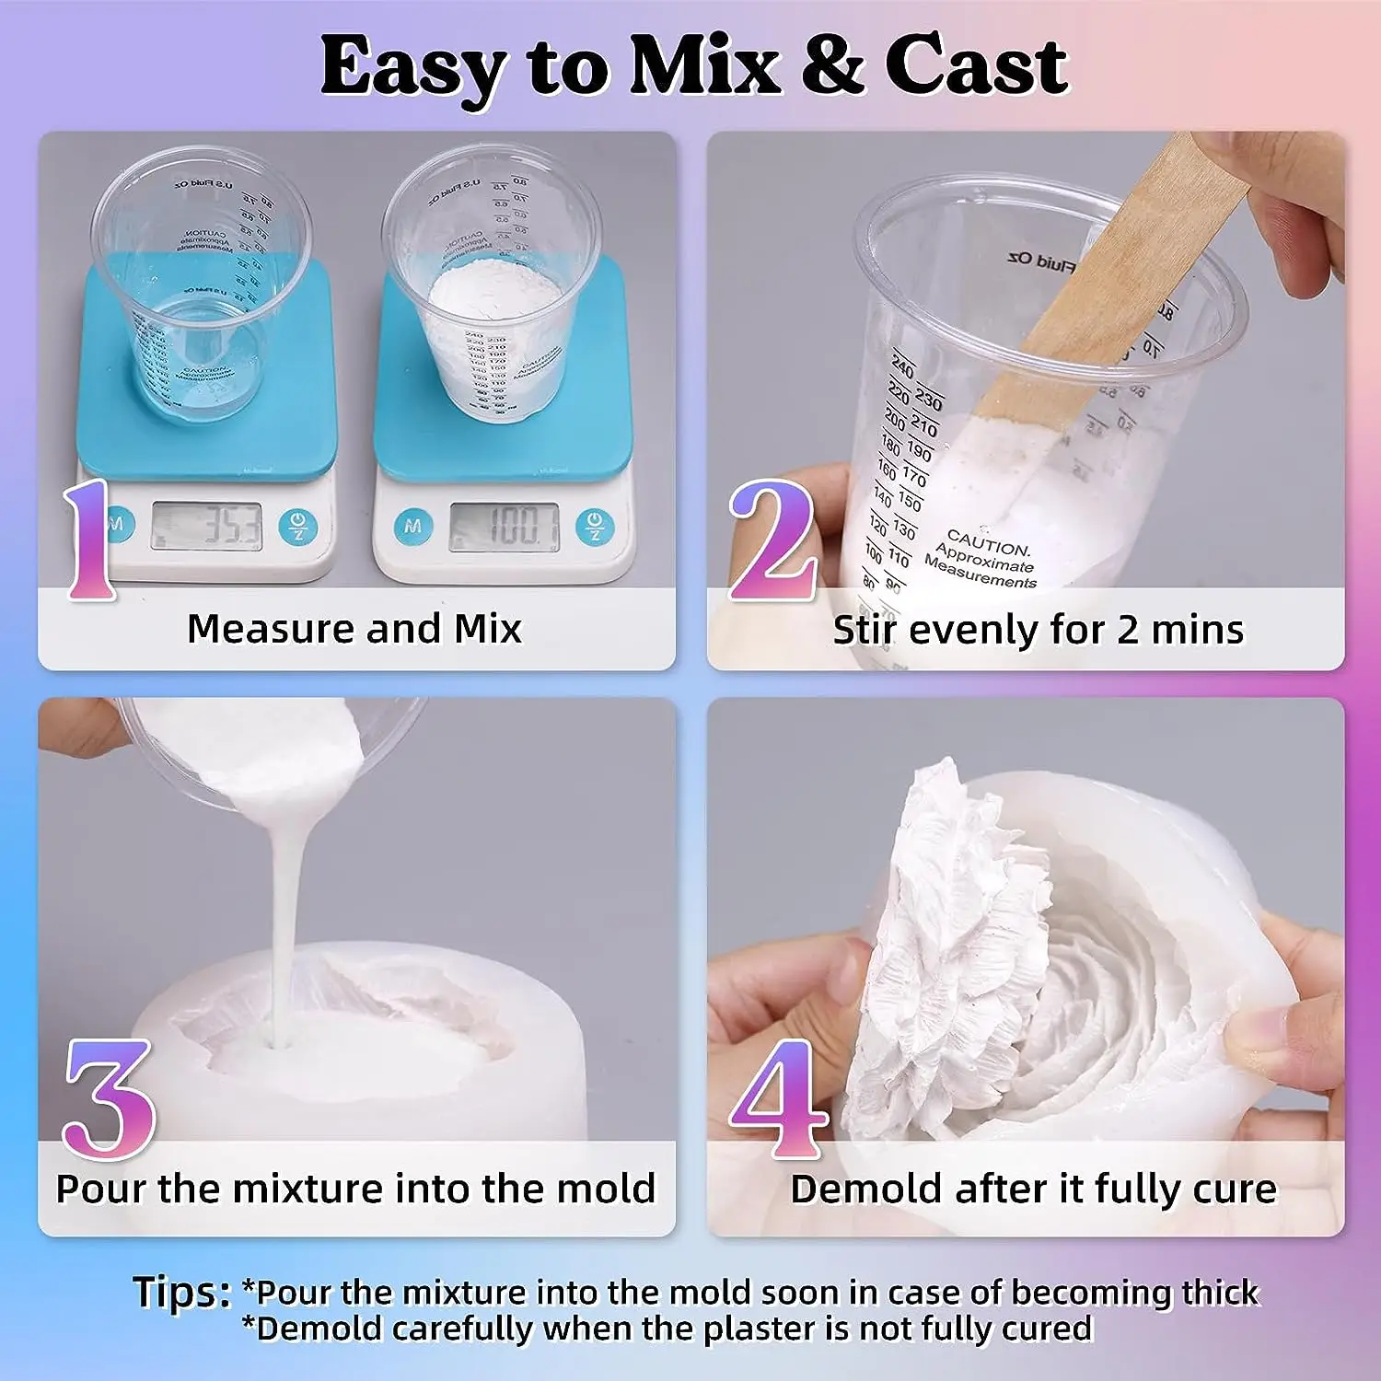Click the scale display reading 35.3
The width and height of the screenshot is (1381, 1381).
(206, 527)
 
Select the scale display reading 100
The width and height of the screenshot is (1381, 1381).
(504, 527)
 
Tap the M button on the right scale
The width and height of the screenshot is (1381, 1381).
(412, 526)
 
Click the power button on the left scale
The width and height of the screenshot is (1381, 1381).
(297, 527)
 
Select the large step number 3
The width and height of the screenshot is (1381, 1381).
(108, 1098)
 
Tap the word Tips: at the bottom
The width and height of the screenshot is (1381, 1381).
(181, 1292)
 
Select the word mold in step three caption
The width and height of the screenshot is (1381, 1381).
(611, 1189)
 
